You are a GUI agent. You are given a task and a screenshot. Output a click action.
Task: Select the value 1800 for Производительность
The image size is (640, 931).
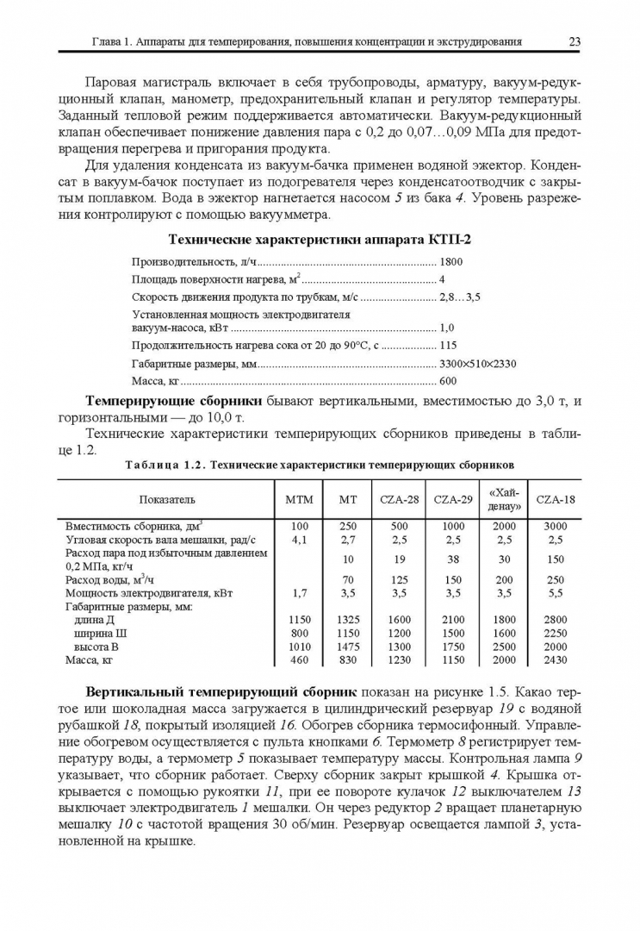pyautogui.click(x=451, y=261)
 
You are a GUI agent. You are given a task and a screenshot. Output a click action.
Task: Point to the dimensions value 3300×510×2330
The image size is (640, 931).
pyautogui.click(x=478, y=363)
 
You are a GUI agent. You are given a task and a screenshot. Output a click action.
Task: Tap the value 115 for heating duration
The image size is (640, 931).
pyautogui.click(x=448, y=344)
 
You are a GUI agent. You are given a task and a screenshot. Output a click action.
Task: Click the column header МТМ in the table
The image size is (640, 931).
pyautogui.click(x=300, y=499)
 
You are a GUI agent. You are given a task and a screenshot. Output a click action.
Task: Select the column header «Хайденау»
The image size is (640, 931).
pyautogui.click(x=504, y=499)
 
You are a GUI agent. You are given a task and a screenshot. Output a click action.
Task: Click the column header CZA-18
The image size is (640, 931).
pyautogui.click(x=556, y=499)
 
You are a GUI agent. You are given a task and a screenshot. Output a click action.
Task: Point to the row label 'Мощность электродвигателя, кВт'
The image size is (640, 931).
pyautogui.click(x=149, y=593)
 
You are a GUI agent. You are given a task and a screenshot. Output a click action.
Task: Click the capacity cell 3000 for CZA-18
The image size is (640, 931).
pyautogui.click(x=556, y=526)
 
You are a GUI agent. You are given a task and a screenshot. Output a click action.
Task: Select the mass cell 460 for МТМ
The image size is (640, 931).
pyautogui.click(x=300, y=660)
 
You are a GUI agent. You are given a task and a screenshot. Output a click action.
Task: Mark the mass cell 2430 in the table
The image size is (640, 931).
pyautogui.click(x=556, y=660)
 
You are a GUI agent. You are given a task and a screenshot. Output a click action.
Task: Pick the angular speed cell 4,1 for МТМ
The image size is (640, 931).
pyautogui.click(x=300, y=540)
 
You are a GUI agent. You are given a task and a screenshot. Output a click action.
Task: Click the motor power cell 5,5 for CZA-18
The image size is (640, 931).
pyautogui.click(x=556, y=593)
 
